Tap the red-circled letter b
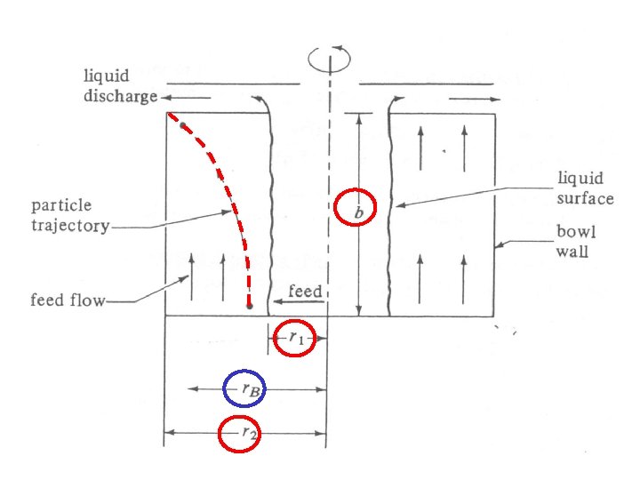point(356,211)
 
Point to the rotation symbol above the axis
point(328,59)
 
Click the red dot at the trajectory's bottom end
point(250,305)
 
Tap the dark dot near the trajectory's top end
point(182,126)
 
